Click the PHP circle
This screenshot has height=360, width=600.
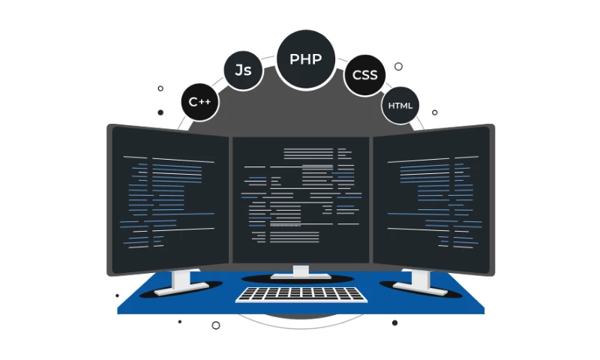[x=305, y=59]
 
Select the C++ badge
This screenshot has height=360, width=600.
[x=200, y=102]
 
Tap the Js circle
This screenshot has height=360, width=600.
[x=243, y=70]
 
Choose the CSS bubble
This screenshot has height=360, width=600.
[x=364, y=75]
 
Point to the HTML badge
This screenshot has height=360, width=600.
[x=400, y=106]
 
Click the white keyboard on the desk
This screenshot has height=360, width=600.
[x=301, y=294]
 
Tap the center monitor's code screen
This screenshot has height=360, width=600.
[x=301, y=199]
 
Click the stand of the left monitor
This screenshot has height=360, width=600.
[x=183, y=280]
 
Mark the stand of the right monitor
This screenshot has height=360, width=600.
[x=419, y=280]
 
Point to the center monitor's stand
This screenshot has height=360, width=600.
[x=301, y=271]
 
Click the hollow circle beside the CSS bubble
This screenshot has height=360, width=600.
[x=398, y=66]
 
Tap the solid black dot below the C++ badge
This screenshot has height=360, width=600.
[x=160, y=112]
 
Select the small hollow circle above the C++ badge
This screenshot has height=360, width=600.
[x=160, y=88]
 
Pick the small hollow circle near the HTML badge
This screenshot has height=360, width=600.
[x=434, y=112]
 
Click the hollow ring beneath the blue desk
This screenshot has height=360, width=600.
[x=216, y=325]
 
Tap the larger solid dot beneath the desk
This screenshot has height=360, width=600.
[x=394, y=322]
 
